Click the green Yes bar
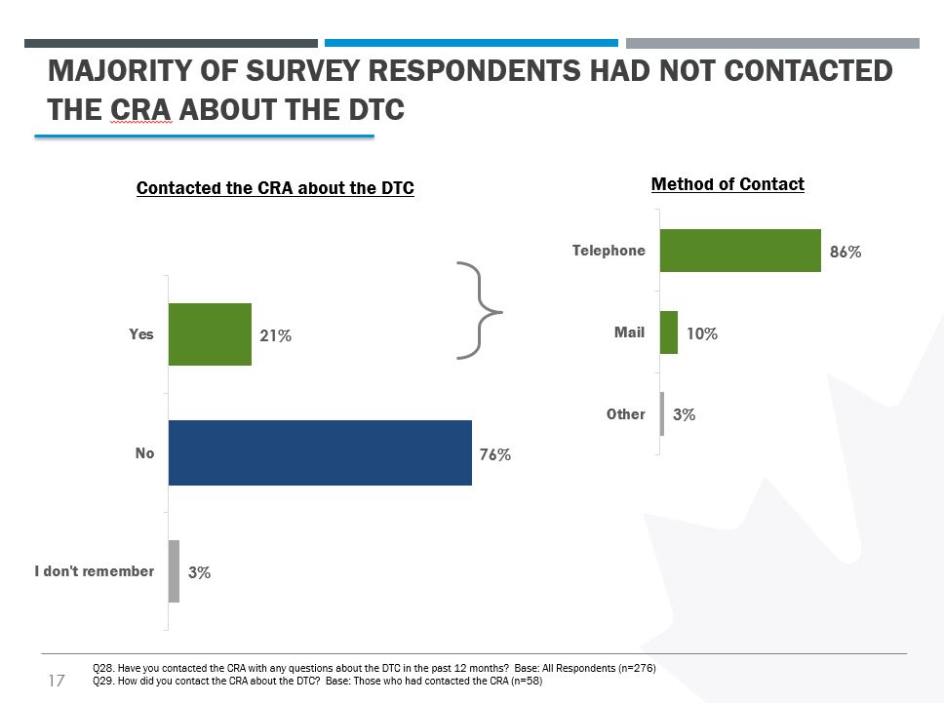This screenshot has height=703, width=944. click(210, 333)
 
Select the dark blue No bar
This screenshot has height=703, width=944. click(320, 452)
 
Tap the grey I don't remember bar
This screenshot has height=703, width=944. click(174, 571)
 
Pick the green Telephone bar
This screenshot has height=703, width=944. click(740, 251)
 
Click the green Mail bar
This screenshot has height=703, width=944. click(669, 332)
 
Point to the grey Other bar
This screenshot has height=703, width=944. click(662, 413)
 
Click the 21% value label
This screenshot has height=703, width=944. click(275, 335)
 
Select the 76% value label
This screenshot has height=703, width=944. click(495, 454)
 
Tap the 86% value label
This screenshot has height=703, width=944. click(846, 252)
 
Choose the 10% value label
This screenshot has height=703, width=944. click(702, 333)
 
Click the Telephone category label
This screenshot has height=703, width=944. click(609, 251)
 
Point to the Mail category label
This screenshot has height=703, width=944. click(629, 332)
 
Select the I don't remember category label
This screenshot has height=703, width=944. click(94, 571)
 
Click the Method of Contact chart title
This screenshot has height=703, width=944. click(728, 184)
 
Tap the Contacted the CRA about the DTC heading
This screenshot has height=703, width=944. click(275, 188)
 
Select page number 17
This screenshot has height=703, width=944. click(56, 681)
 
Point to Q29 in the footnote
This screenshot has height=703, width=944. click(100, 681)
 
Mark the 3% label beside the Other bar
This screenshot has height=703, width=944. click(685, 414)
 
